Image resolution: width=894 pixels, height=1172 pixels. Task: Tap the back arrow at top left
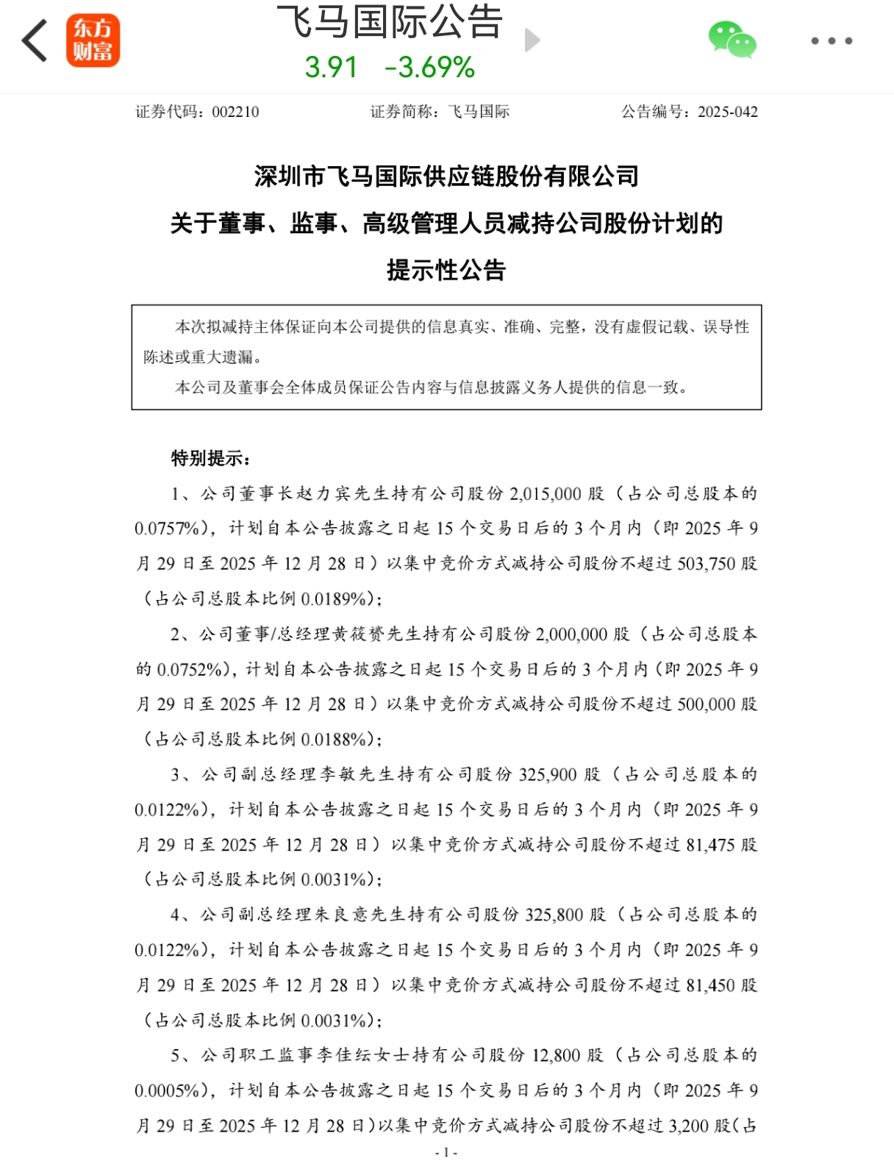pos(35,40)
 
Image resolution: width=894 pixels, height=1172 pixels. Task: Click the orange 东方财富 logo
pos(93,40)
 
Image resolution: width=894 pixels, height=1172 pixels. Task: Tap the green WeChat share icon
pos(732,40)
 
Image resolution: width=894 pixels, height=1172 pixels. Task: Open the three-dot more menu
pos(832,40)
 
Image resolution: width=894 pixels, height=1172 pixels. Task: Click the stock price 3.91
pos(331,68)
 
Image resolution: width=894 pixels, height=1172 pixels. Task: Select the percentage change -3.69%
pos(430,68)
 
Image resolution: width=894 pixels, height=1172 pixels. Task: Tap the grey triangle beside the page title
pos(532,40)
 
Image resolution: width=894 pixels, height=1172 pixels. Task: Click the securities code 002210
pos(235,112)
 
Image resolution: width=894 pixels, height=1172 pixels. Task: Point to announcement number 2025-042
pos(727,112)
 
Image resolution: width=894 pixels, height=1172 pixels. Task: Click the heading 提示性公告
pos(446,270)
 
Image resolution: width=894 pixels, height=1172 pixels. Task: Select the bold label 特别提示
pos(209,459)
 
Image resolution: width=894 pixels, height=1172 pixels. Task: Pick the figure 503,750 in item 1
pos(706,564)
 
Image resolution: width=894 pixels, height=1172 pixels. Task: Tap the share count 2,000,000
pos(571,634)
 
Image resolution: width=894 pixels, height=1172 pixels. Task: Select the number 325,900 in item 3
pos(548,774)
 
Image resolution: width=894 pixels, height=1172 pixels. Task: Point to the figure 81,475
pos(710,845)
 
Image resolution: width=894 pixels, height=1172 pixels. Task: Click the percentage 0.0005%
pos(167,1090)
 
